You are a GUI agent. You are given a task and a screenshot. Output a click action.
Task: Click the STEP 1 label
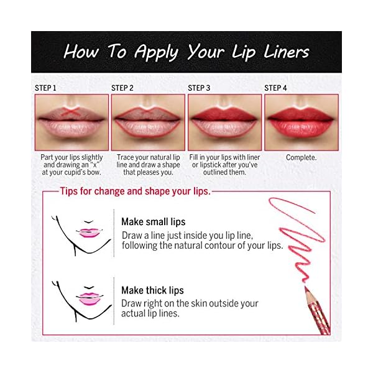click(x=45, y=88)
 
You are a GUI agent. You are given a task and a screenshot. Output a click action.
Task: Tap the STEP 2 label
click(x=122, y=88)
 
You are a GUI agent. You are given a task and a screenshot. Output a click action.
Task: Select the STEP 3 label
click(x=200, y=88)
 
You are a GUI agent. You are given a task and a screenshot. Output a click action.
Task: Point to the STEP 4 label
click(x=276, y=88)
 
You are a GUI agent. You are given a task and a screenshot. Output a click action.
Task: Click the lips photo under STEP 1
click(x=71, y=122)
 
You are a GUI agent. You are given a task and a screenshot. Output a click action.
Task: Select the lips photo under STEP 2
click(x=148, y=122)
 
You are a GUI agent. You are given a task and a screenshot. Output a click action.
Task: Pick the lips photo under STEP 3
click(x=224, y=122)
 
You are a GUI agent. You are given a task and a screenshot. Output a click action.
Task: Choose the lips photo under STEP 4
click(x=302, y=122)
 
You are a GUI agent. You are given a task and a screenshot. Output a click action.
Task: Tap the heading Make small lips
click(x=153, y=222)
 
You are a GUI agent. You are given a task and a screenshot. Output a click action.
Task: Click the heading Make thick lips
click(x=152, y=290)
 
